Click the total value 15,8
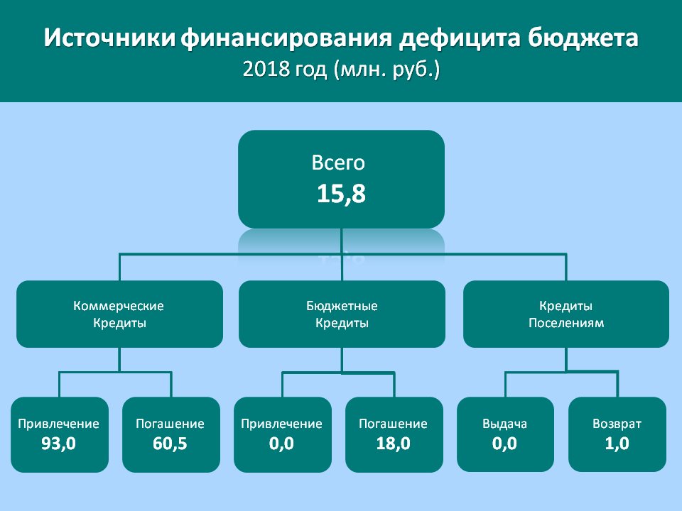[x=341, y=193]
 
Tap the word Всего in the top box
[x=338, y=163]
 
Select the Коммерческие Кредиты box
[x=119, y=314]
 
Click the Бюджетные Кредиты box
[x=342, y=314]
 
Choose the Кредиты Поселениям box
[x=566, y=314]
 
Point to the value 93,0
[x=59, y=444]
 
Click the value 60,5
[x=170, y=444]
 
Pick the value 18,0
[x=393, y=444]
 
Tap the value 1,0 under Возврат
[x=617, y=444]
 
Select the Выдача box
[x=505, y=434]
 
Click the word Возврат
[x=617, y=424]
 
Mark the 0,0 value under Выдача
[x=504, y=444]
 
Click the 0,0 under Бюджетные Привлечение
[x=281, y=444]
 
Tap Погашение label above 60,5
[x=170, y=424]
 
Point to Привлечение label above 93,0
[x=59, y=424]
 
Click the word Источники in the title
[x=109, y=38]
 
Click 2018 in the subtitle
[x=266, y=69]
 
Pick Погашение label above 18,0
[x=393, y=424]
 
